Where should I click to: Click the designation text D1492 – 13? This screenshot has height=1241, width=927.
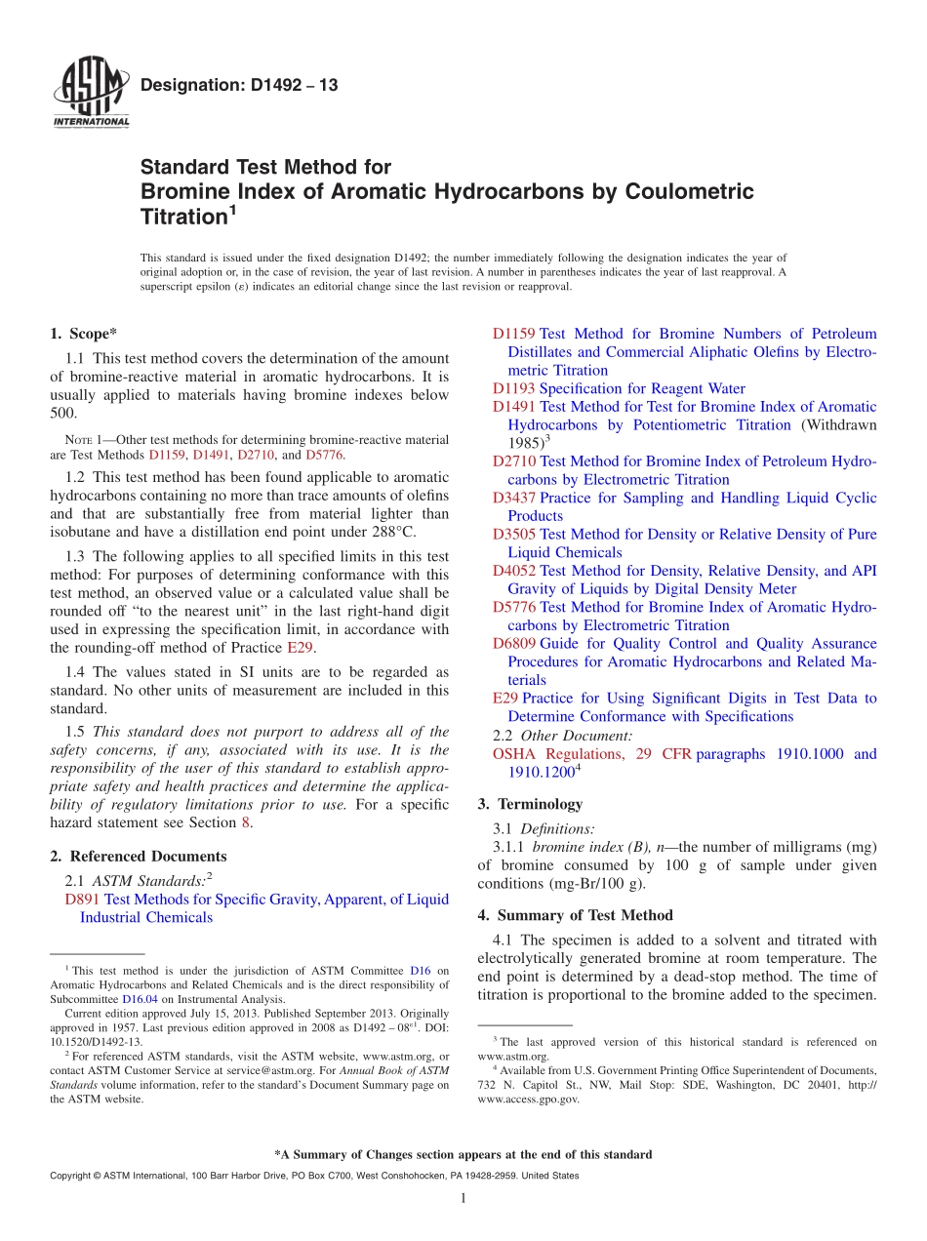(x=239, y=86)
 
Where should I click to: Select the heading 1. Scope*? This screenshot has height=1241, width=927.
(x=83, y=334)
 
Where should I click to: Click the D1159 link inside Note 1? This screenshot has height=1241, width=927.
(x=167, y=455)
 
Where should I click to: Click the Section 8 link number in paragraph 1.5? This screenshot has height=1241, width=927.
(x=246, y=822)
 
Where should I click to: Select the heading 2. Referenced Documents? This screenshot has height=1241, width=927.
(x=138, y=857)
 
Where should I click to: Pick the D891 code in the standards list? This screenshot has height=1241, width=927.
(x=82, y=900)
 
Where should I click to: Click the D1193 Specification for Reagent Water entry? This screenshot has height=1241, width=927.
(x=619, y=388)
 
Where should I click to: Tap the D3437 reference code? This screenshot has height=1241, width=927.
(x=513, y=498)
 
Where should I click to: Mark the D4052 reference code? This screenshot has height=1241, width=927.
(x=513, y=571)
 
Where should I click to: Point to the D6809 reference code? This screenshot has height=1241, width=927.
(x=513, y=644)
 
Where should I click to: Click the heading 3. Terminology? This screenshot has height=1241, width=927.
(x=530, y=805)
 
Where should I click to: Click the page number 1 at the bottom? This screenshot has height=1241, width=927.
(x=463, y=1199)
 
